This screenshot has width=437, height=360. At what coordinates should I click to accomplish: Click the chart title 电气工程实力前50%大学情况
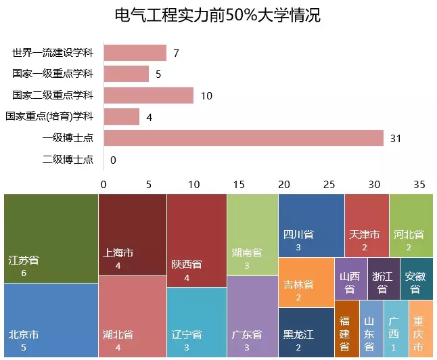[x=218, y=15]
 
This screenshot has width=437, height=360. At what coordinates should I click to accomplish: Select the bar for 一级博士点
[x=244, y=138]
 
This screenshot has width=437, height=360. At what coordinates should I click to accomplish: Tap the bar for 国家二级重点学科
[x=148, y=95]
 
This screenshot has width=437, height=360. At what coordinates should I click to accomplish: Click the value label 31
[x=396, y=139]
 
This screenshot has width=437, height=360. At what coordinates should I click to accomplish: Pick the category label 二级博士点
[x=68, y=160]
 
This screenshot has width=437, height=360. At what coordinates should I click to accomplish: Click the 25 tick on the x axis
[x=329, y=184]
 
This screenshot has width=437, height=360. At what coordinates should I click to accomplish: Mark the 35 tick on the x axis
[x=419, y=184]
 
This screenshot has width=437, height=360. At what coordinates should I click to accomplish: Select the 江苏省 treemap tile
[x=51, y=238]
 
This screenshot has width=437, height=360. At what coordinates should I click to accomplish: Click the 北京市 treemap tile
[x=51, y=320]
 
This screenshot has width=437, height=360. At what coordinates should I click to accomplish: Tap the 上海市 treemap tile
[x=132, y=235]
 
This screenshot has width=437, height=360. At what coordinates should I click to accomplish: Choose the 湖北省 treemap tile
[x=132, y=317]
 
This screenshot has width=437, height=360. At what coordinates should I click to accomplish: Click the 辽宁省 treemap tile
[x=196, y=323]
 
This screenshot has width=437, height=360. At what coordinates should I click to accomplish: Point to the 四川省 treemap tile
[x=311, y=225]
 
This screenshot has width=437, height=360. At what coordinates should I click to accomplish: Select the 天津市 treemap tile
[x=367, y=225]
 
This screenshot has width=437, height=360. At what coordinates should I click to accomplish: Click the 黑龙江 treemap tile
[x=306, y=332]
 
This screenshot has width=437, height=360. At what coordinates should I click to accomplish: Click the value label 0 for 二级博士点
[x=113, y=160]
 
